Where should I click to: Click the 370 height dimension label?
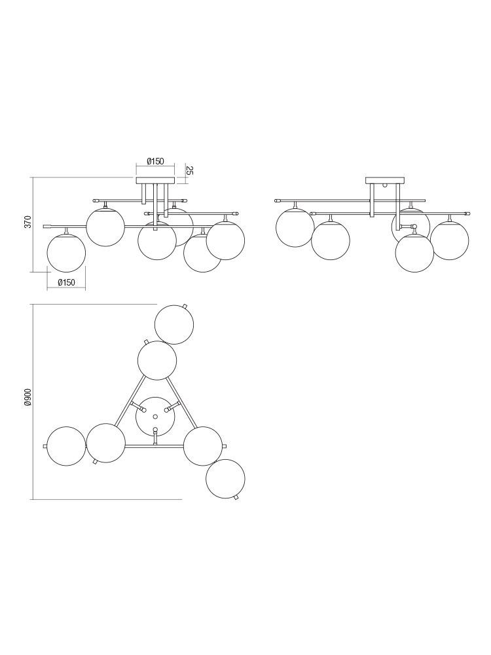tap(27, 221)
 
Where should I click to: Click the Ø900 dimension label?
tap(27, 398)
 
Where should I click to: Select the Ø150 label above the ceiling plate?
tap(155, 161)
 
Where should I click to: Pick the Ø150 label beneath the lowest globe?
tap(66, 282)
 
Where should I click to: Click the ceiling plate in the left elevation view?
tap(155, 181)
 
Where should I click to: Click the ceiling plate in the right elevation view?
tap(385, 181)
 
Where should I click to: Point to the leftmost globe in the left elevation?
tap(66, 253)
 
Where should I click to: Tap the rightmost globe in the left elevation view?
tap(225, 240)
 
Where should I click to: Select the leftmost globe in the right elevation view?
tap(295, 228)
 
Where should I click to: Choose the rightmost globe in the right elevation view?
tap(450, 240)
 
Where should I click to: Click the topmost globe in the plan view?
tap(174, 325)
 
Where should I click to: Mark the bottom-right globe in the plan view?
tap(225, 479)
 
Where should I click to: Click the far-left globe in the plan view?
tap(66, 445)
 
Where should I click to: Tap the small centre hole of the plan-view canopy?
tap(155, 417)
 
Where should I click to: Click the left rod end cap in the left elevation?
tap(47, 227)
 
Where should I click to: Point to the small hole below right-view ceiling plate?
tap(385, 185)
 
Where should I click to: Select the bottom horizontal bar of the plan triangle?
tap(155, 446)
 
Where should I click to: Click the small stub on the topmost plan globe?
tap(185, 306)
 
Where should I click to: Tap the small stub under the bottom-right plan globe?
tap(236, 498)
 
